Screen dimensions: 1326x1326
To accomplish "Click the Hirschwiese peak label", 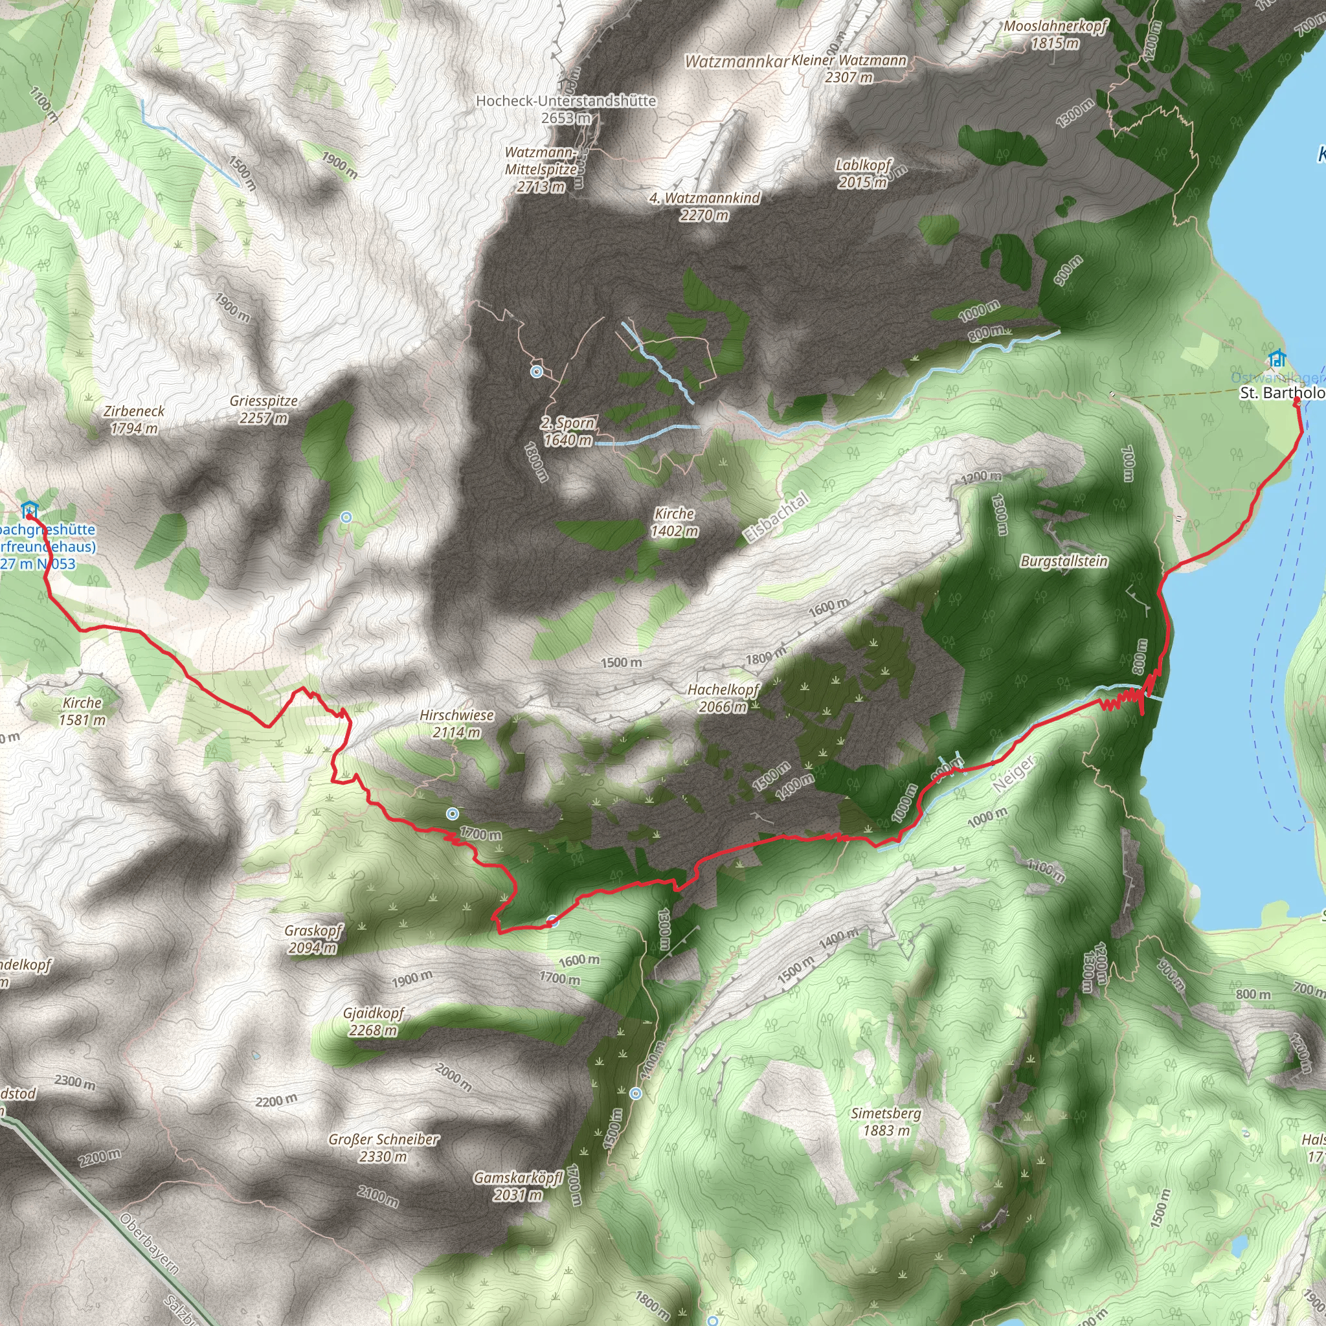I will click(456, 723).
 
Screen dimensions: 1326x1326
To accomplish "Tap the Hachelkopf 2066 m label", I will click(723, 697).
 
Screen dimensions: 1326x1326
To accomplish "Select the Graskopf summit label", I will click(313, 939).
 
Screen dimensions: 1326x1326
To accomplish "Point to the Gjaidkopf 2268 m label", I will click(374, 1021).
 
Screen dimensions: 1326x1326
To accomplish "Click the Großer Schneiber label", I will click(383, 1147).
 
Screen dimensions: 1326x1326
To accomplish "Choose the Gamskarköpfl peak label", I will click(518, 1186).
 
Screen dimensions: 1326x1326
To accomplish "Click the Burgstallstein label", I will click(1064, 561).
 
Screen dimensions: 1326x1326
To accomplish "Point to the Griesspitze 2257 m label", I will click(264, 409).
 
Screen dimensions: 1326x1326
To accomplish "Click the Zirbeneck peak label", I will click(134, 420).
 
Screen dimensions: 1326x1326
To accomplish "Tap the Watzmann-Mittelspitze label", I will click(541, 169).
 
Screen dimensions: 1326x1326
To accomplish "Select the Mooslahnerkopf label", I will click(1055, 34).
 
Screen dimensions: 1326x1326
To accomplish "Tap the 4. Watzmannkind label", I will click(705, 206).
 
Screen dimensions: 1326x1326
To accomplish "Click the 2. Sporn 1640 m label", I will click(568, 431).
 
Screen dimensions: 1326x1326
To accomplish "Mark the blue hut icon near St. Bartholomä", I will click(1277, 358).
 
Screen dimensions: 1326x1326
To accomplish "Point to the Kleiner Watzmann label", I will click(849, 68).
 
